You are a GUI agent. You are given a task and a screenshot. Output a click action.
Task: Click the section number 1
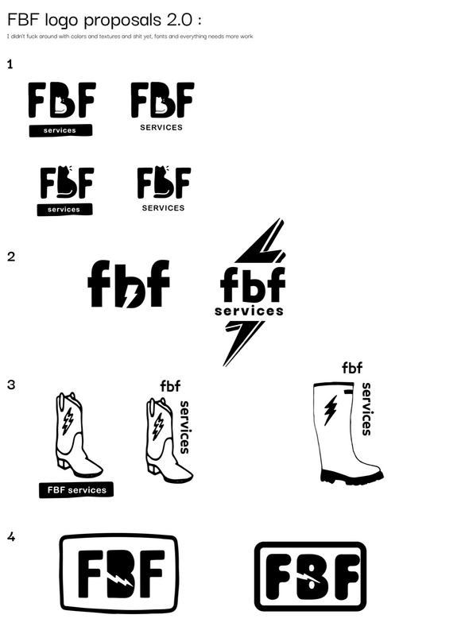[x=10, y=64]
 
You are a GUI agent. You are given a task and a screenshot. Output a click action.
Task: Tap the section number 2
[x=11, y=257]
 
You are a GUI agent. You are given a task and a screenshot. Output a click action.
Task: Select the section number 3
[x=11, y=385]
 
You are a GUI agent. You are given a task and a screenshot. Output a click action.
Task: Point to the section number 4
[x=11, y=537]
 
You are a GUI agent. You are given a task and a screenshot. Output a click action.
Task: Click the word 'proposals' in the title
[x=122, y=20]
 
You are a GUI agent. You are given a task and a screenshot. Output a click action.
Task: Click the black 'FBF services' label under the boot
[x=76, y=490]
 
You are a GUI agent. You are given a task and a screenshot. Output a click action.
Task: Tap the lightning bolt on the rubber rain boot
[x=331, y=410]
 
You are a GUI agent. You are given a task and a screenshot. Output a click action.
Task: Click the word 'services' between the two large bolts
[x=249, y=311]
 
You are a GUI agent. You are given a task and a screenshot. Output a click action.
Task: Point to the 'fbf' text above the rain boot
[x=352, y=368]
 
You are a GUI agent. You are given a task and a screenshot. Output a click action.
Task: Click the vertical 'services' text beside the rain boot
[x=366, y=409]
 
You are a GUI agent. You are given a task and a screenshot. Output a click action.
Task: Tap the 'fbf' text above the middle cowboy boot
[x=170, y=386]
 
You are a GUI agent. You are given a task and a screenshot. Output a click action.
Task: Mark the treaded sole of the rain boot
[x=352, y=477]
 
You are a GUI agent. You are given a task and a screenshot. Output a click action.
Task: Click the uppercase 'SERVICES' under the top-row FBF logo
[x=161, y=127]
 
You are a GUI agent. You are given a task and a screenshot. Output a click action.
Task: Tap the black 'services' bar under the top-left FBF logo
[x=60, y=130]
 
